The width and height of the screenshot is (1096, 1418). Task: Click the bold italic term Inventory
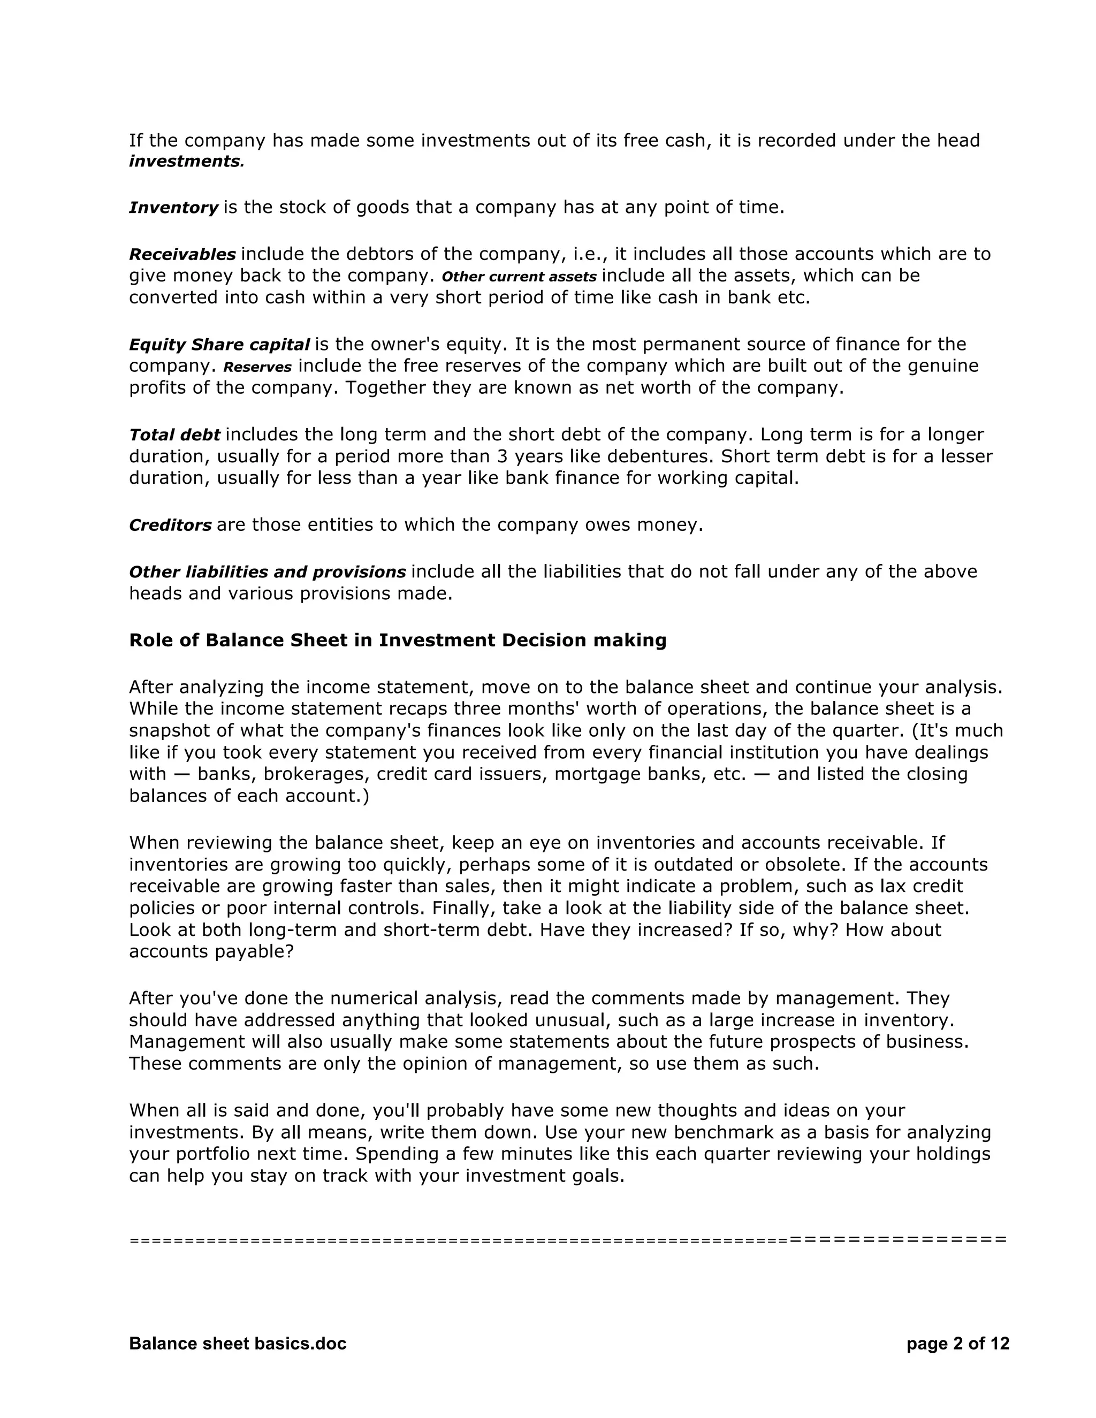(x=173, y=208)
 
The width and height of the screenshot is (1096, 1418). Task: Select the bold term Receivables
(x=182, y=254)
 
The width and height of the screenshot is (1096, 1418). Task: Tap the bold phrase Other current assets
(x=518, y=277)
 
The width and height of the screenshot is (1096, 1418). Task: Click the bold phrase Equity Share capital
(x=219, y=344)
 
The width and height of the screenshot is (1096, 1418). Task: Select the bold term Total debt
(x=174, y=434)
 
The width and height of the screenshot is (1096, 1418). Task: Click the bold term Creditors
(x=170, y=524)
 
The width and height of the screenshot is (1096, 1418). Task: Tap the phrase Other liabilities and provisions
(x=267, y=572)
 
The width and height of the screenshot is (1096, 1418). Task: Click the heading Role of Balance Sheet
(x=398, y=640)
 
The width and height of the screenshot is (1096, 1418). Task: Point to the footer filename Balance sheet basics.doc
(x=238, y=1343)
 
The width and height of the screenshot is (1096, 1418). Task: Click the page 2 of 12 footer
(x=958, y=1343)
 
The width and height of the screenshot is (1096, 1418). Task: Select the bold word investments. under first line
(x=186, y=162)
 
